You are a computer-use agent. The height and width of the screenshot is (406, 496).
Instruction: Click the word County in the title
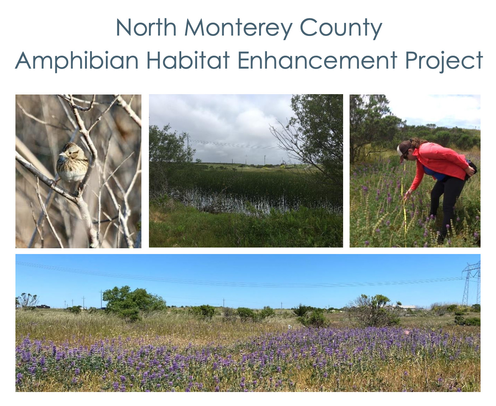click(340, 28)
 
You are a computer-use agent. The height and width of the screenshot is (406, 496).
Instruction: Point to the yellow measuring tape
click(404, 216)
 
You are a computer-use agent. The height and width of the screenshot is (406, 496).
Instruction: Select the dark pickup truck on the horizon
click(43, 306)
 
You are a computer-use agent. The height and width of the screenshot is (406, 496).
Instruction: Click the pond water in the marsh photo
click(230, 203)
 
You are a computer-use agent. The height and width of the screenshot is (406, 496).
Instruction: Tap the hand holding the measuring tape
click(407, 195)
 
